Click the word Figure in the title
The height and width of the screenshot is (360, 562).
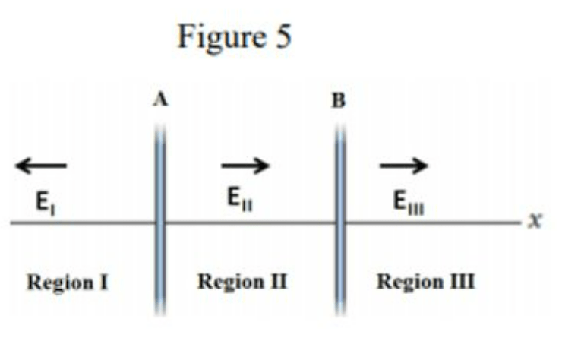[x=221, y=37]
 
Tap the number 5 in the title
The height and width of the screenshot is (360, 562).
[x=282, y=37]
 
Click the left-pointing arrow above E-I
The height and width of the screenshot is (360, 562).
[x=41, y=165]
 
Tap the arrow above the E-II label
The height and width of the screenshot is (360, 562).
[x=245, y=165]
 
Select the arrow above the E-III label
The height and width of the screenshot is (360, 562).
[x=404, y=165]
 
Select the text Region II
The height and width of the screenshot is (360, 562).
[x=242, y=282]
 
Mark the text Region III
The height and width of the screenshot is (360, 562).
[x=426, y=282]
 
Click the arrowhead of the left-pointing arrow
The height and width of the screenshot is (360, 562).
[x=21, y=165]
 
